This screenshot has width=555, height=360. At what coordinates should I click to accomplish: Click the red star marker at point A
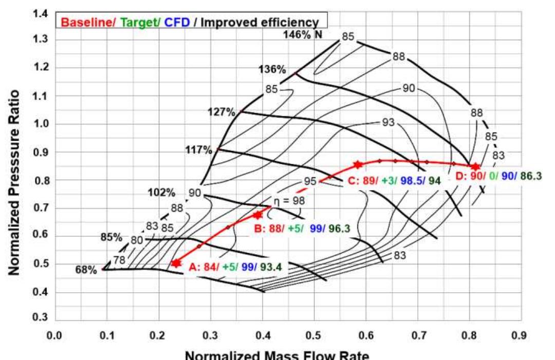(176, 263)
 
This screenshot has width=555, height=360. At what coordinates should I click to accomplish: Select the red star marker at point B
(258, 215)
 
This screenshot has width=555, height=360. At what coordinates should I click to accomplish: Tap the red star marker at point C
(358, 165)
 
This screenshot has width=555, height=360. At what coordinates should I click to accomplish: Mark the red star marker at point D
(475, 167)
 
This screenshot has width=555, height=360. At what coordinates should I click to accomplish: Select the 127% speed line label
(221, 111)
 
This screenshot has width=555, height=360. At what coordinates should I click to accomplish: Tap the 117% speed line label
(199, 149)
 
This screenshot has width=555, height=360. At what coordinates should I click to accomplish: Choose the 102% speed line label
(161, 194)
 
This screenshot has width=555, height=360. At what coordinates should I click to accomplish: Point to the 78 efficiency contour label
(119, 260)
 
